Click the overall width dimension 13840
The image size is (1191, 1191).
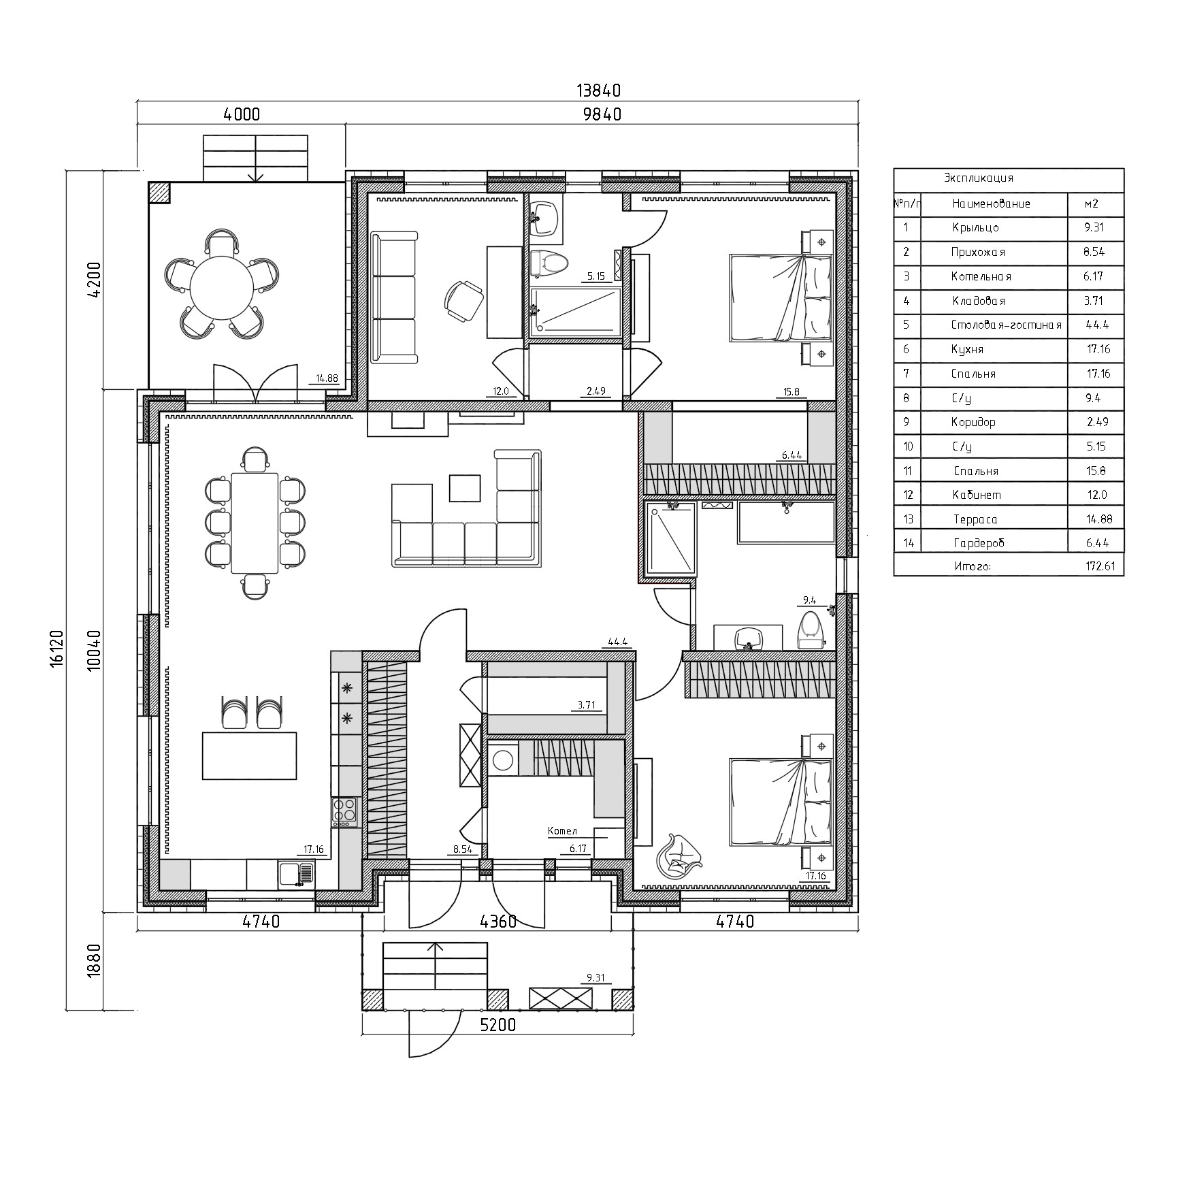coord(598,91)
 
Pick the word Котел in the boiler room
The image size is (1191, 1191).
coord(563,831)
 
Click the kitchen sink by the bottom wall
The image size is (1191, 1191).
coord(296,875)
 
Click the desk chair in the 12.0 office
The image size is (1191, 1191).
coord(463,300)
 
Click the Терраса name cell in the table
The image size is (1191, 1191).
coord(975,520)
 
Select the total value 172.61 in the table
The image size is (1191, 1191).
coord(1100,566)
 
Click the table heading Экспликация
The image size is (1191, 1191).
coord(978,178)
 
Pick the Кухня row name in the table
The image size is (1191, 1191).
coord(967,350)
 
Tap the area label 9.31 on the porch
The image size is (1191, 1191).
coord(595,979)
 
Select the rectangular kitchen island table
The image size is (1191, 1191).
coord(249,755)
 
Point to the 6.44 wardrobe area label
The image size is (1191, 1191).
coord(792,455)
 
